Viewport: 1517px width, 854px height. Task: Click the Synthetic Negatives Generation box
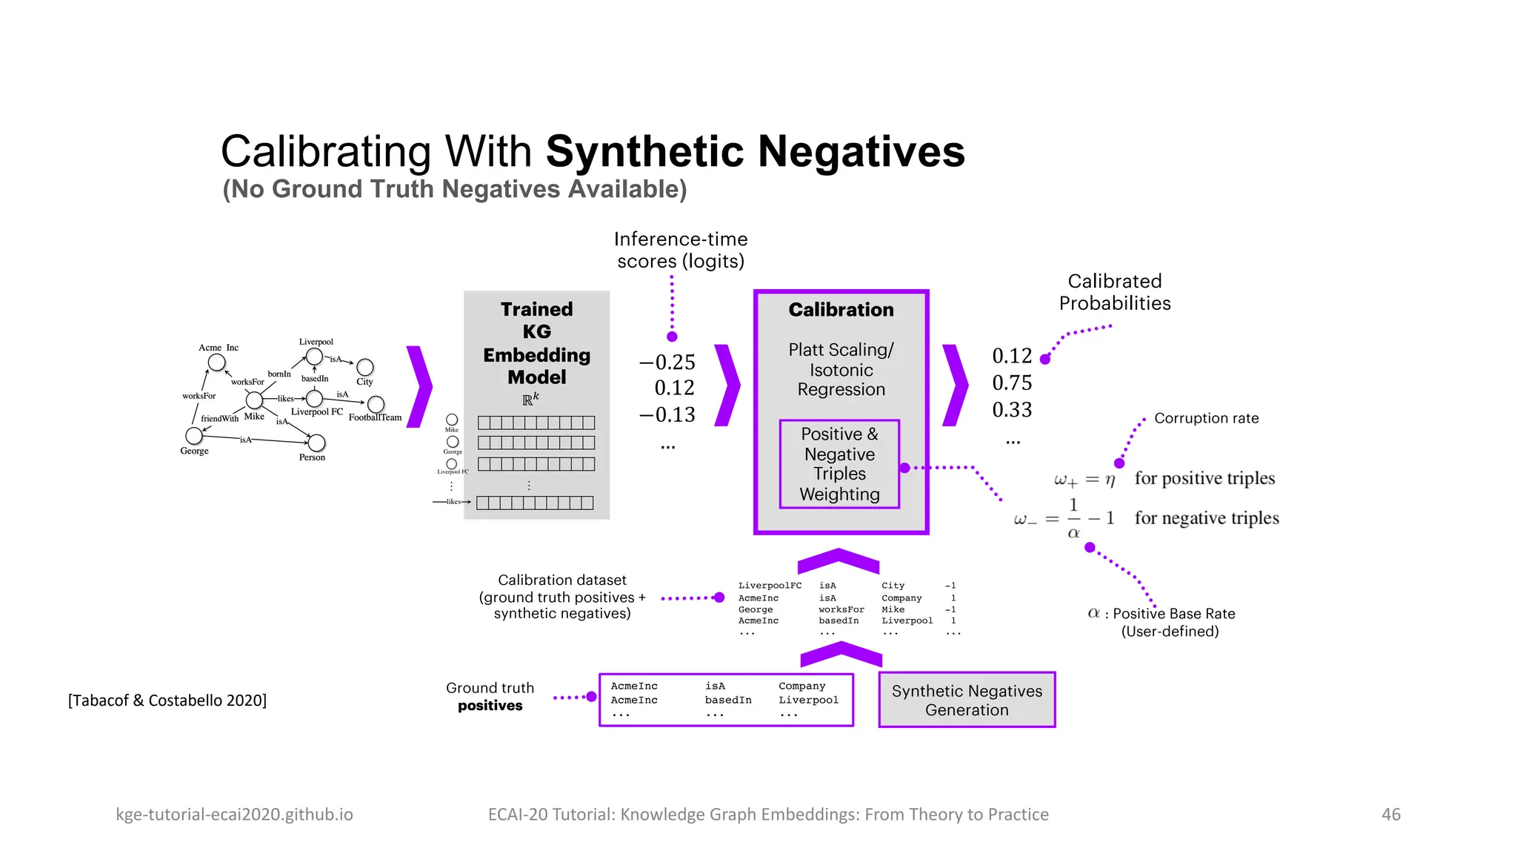pyautogui.click(x=967, y=700)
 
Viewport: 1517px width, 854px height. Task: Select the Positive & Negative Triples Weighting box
pyautogui.click(x=839, y=464)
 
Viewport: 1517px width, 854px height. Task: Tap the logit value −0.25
pyautogui.click(x=667, y=363)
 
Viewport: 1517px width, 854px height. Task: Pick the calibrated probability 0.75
pyautogui.click(x=1012, y=383)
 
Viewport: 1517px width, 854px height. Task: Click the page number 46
pyautogui.click(x=1390, y=814)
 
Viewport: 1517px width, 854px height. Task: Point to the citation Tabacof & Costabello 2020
pyautogui.click(x=167, y=701)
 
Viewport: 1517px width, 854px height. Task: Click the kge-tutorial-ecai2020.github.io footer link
pyautogui.click(x=234, y=814)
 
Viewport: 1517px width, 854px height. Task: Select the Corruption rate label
pyautogui.click(x=1206, y=418)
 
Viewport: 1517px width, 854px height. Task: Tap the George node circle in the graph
pyautogui.click(x=194, y=435)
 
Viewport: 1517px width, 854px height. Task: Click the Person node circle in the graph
pyautogui.click(x=316, y=443)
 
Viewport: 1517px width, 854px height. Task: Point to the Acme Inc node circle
pyautogui.click(x=216, y=363)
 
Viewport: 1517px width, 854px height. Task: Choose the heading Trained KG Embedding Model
pyautogui.click(x=536, y=342)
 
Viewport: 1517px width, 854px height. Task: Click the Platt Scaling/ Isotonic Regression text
pyautogui.click(x=841, y=369)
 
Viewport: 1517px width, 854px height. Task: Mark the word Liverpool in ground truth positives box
pyautogui.click(x=808, y=700)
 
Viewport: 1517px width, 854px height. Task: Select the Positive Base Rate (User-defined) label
pyautogui.click(x=1169, y=622)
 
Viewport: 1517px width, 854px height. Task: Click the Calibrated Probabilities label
pyautogui.click(x=1114, y=292)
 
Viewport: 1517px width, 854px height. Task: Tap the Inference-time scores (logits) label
pyautogui.click(x=680, y=250)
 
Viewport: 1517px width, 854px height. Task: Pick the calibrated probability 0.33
pyautogui.click(x=1012, y=410)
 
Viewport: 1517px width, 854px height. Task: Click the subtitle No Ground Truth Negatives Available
pyautogui.click(x=455, y=189)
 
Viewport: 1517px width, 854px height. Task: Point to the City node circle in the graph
pyautogui.click(x=365, y=367)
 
